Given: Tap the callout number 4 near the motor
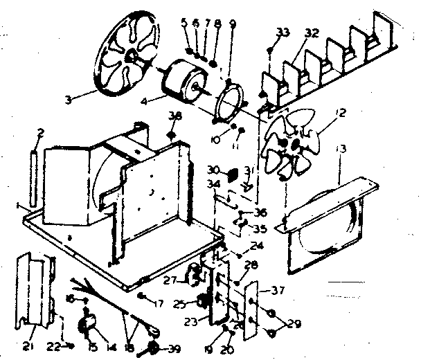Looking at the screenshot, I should [x=143, y=100].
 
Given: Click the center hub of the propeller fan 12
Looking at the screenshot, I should [x=296, y=143].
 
